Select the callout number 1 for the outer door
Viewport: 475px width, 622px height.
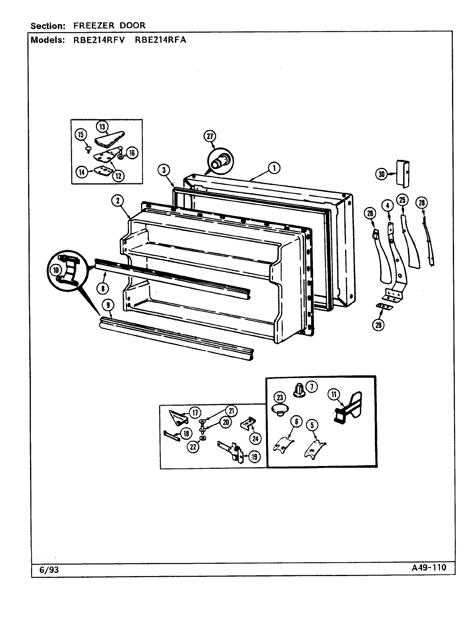pos(273,168)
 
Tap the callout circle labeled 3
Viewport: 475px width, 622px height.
pos(163,170)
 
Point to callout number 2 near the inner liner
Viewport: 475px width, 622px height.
pos(118,201)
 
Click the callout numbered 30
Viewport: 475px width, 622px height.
pos(381,174)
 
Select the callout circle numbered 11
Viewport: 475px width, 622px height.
pos(334,394)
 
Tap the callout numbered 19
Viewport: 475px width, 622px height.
pos(254,457)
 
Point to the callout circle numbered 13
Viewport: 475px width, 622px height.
pos(102,127)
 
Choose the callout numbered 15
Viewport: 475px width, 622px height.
pos(81,135)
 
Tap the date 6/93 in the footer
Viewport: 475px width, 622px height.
pos(46,569)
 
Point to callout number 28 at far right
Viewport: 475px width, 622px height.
pos(421,203)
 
